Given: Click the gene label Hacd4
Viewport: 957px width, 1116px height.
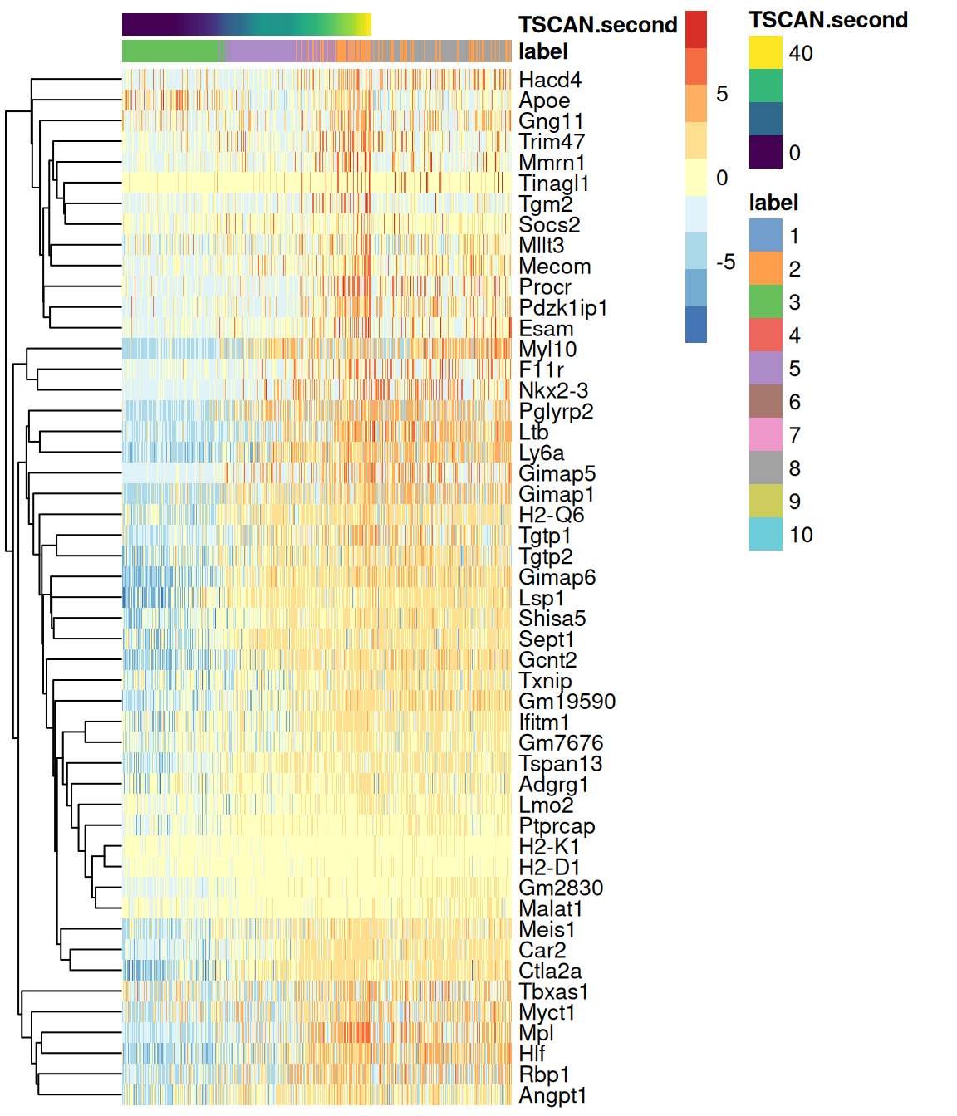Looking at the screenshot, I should pos(550,80).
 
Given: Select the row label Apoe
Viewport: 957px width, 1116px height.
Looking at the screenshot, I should pos(544,100).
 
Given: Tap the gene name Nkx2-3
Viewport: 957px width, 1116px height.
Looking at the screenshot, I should pos(553,390).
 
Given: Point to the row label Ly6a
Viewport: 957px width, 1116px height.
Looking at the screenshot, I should pos(542,453).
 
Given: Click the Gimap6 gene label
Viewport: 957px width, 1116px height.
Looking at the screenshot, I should pos(557,577).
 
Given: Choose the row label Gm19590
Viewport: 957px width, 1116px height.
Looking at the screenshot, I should pos(567,702).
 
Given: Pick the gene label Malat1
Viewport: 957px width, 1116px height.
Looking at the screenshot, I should pos(551,908).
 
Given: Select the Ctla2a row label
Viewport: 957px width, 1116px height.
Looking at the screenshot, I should pos(550,971).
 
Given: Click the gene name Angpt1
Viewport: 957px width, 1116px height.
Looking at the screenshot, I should pos(552,1095).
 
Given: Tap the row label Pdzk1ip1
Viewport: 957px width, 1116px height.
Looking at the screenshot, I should pos(563,308).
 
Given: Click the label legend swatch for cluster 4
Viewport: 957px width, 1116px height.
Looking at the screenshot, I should pos(765,335).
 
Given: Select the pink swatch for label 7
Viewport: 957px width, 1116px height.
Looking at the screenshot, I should pos(765,435).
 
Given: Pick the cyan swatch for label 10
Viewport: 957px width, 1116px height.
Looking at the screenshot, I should pos(765,535).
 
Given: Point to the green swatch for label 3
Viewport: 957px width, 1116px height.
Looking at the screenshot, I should pos(765,302).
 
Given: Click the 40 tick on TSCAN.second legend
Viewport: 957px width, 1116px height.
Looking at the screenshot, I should pos(801,53).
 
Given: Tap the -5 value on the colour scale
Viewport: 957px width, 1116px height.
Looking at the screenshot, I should pos(725,262).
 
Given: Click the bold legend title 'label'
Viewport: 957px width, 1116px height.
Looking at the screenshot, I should pos(773,203).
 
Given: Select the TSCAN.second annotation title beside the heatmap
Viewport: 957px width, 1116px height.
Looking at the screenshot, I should pos(598,25).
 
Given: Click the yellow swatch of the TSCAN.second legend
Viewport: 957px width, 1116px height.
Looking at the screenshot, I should pos(765,52).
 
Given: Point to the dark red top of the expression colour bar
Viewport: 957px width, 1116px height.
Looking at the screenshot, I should pos(696,29).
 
